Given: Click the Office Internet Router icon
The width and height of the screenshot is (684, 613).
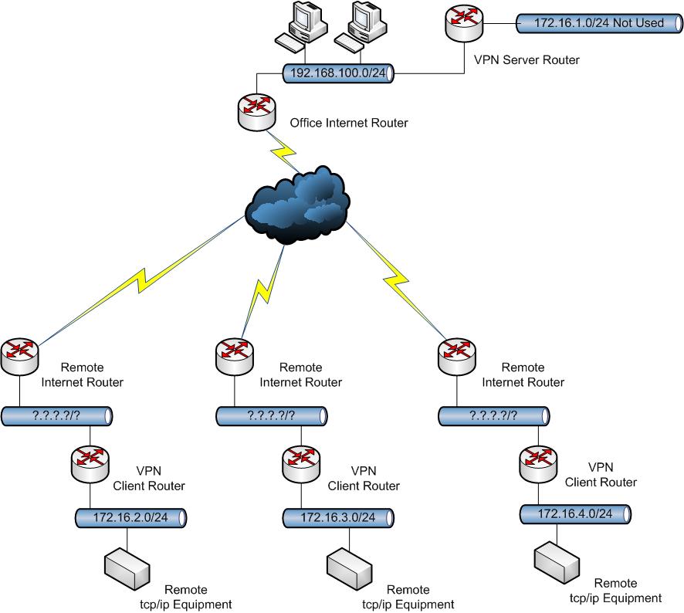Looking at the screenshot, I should (256, 113).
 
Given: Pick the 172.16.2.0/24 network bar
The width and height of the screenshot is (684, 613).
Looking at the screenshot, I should (132, 516).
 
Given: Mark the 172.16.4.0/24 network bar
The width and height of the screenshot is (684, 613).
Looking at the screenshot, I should (575, 513).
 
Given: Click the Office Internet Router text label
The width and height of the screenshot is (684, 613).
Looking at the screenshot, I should (348, 123).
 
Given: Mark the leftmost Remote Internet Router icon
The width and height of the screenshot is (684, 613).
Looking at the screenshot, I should (19, 356).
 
